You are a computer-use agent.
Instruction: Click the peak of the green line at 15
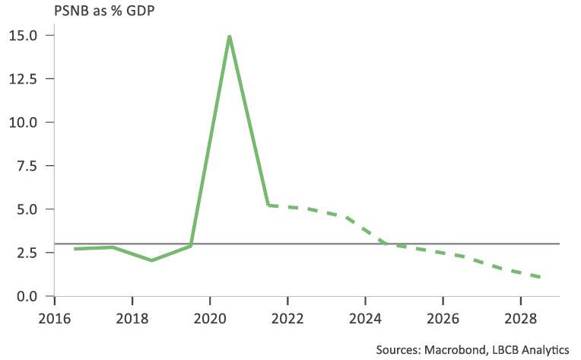[x=229, y=36]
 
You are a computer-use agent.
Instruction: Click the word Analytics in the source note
[x=544, y=349]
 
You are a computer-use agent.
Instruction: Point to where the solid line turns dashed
[x=268, y=205]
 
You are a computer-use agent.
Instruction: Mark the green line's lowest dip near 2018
[x=151, y=260]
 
